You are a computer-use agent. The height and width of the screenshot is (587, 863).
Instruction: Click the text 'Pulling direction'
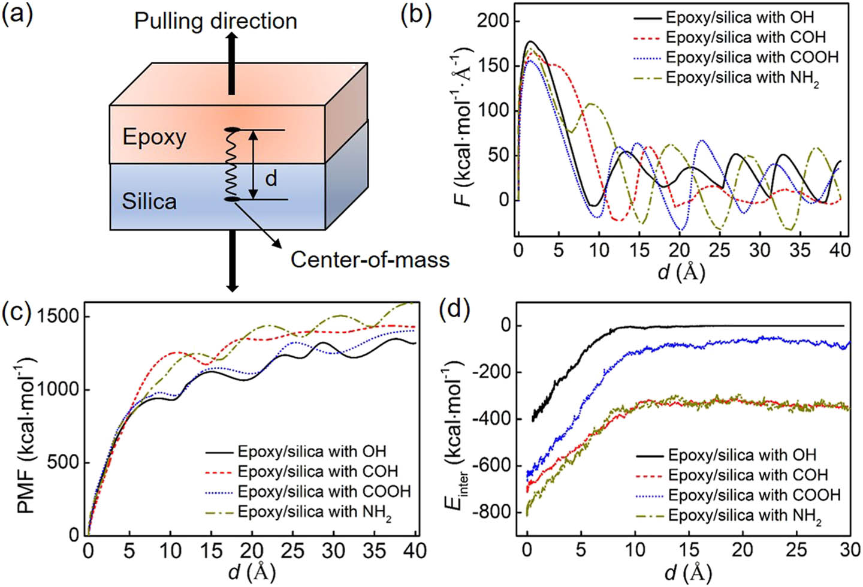(215, 21)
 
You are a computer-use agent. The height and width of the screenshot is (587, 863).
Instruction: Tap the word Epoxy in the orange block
(154, 137)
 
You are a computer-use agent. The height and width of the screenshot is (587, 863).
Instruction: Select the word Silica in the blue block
(149, 201)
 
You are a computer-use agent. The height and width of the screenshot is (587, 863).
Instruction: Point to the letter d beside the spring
(271, 178)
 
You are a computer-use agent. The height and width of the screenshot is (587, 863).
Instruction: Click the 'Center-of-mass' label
(370, 260)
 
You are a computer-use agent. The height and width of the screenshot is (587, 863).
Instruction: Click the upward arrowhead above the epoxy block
(232, 37)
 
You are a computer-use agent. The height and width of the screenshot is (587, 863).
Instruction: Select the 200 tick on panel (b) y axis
(493, 21)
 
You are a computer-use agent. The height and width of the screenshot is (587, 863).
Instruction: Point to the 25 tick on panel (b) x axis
(719, 250)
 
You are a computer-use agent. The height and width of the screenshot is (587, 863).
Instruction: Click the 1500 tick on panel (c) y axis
(61, 316)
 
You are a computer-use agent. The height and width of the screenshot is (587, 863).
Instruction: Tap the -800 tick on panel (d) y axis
(489, 512)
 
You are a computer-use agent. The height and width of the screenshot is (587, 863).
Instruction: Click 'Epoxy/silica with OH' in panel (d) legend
(742, 455)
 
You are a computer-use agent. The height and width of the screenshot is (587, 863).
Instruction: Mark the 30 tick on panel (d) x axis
(850, 550)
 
